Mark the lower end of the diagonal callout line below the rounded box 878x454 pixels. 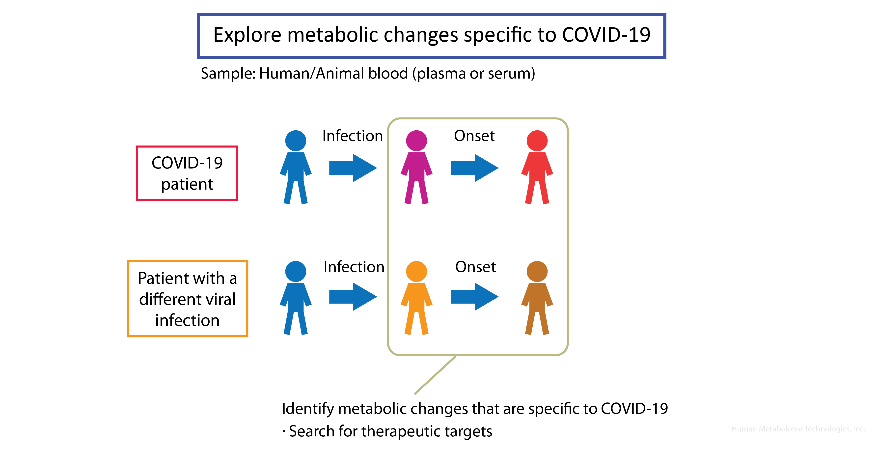(415, 394)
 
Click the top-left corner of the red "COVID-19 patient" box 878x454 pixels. (137, 146)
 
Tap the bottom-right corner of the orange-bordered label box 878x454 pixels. (247, 336)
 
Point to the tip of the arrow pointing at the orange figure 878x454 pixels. (377, 297)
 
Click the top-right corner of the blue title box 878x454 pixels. (665, 14)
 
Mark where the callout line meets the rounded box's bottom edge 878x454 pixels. (455, 356)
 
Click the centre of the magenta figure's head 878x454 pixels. (416, 141)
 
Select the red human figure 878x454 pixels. (537, 167)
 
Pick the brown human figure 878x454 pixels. (537, 298)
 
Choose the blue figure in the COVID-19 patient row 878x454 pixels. (296, 167)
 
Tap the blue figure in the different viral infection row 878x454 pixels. (296, 298)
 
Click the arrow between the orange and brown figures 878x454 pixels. (475, 297)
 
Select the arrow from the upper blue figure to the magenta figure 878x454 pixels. (353, 168)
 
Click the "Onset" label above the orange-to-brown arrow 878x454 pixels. (475, 267)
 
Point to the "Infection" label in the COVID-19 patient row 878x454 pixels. (353, 136)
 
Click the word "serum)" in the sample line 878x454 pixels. (512, 74)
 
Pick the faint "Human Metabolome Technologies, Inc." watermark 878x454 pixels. (798, 429)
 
